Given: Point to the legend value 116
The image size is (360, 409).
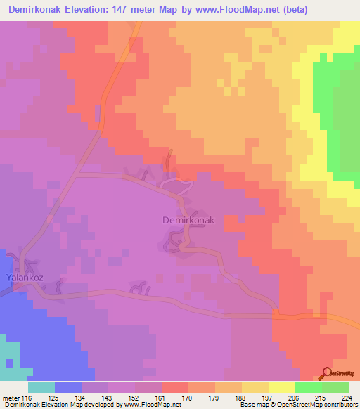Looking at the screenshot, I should coord(27,398).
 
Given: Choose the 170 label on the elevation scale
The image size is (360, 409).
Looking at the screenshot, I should coord(188,398).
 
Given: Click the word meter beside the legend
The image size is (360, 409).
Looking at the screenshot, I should coord(9,398).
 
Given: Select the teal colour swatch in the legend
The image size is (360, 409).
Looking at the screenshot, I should coord(41,387).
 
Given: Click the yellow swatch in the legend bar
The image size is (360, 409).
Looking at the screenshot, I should coord(282,387).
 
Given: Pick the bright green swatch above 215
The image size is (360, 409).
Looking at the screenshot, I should coord(309,387).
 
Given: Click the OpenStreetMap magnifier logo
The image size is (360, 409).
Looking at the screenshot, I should coord(328,372).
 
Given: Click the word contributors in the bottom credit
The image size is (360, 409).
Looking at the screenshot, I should coord(338,405).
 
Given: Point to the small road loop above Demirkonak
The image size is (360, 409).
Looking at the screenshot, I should coord(176,185).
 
